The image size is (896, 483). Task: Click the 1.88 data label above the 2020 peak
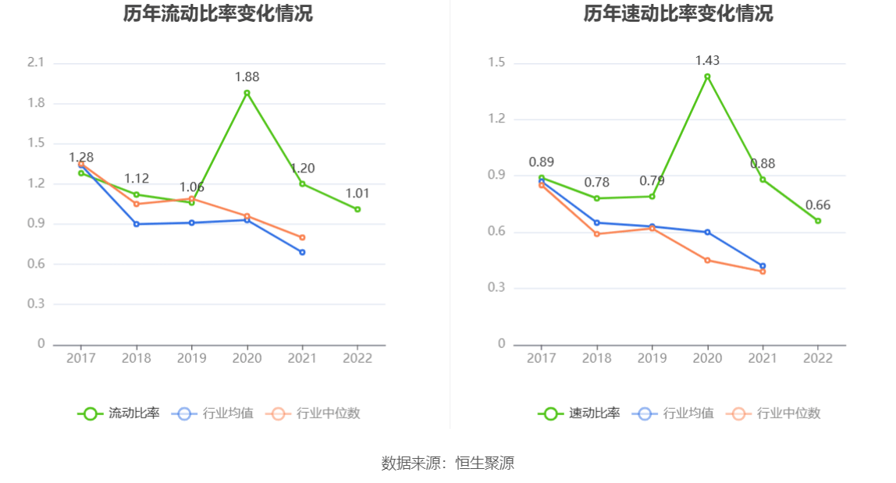tap(247, 76)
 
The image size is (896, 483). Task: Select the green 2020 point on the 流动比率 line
tap(247, 93)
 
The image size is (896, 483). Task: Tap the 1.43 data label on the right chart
tap(707, 60)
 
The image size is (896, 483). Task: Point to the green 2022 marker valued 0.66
tap(818, 221)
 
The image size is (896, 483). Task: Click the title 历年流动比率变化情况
tap(218, 14)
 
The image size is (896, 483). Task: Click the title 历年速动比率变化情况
tap(678, 14)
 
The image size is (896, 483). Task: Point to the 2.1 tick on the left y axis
tap(36, 62)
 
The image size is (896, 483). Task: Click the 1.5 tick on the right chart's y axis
tap(496, 62)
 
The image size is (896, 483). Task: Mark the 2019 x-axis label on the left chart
tap(191, 358)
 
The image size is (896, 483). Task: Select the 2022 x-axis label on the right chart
tap(818, 358)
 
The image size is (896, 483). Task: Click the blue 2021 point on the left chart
tap(302, 252)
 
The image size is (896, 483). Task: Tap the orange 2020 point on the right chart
tap(707, 260)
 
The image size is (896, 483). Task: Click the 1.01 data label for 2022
tap(357, 194)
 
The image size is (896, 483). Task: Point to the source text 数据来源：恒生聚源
tap(447, 463)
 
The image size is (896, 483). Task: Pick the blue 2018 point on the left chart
tap(137, 224)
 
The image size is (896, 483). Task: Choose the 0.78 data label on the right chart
tap(596, 182)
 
